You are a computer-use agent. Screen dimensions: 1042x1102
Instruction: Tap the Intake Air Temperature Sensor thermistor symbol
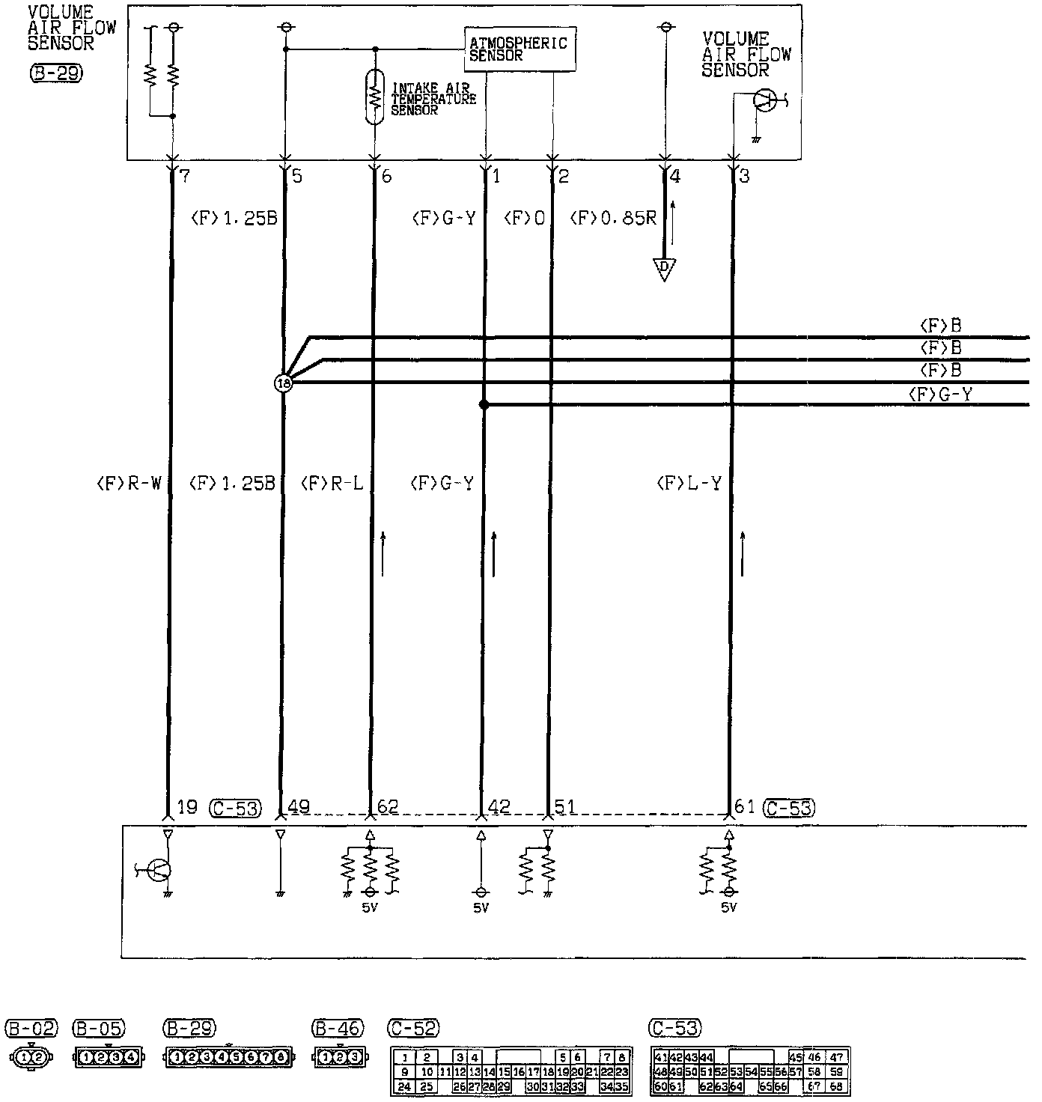point(376,97)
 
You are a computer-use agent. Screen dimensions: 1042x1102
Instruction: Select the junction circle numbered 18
point(284,383)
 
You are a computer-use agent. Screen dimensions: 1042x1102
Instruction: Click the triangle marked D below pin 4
point(663,268)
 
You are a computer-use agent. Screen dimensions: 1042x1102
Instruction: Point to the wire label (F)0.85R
point(613,218)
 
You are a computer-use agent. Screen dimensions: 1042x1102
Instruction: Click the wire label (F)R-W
point(129,484)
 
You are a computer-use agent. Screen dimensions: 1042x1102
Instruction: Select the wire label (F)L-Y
point(689,484)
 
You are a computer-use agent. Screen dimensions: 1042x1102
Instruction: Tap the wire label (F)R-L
point(332,484)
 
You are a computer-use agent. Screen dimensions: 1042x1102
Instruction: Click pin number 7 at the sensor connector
point(184,177)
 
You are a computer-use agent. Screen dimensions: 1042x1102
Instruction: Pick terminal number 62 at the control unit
point(387,807)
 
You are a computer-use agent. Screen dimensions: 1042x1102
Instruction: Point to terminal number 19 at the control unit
point(186,807)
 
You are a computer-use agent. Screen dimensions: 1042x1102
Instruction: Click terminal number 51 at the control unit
point(565,807)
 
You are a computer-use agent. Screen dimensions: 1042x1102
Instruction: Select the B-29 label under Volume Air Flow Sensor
point(56,73)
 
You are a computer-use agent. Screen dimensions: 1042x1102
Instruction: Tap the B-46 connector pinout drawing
point(339,1058)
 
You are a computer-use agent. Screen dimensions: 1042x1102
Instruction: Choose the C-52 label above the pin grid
point(414,1029)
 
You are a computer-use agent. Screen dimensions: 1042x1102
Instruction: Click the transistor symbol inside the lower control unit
point(159,869)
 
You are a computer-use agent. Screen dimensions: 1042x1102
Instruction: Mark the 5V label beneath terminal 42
point(481,908)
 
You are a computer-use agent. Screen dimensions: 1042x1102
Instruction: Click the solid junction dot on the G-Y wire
point(484,405)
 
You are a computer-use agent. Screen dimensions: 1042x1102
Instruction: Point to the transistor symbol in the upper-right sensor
point(765,101)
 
